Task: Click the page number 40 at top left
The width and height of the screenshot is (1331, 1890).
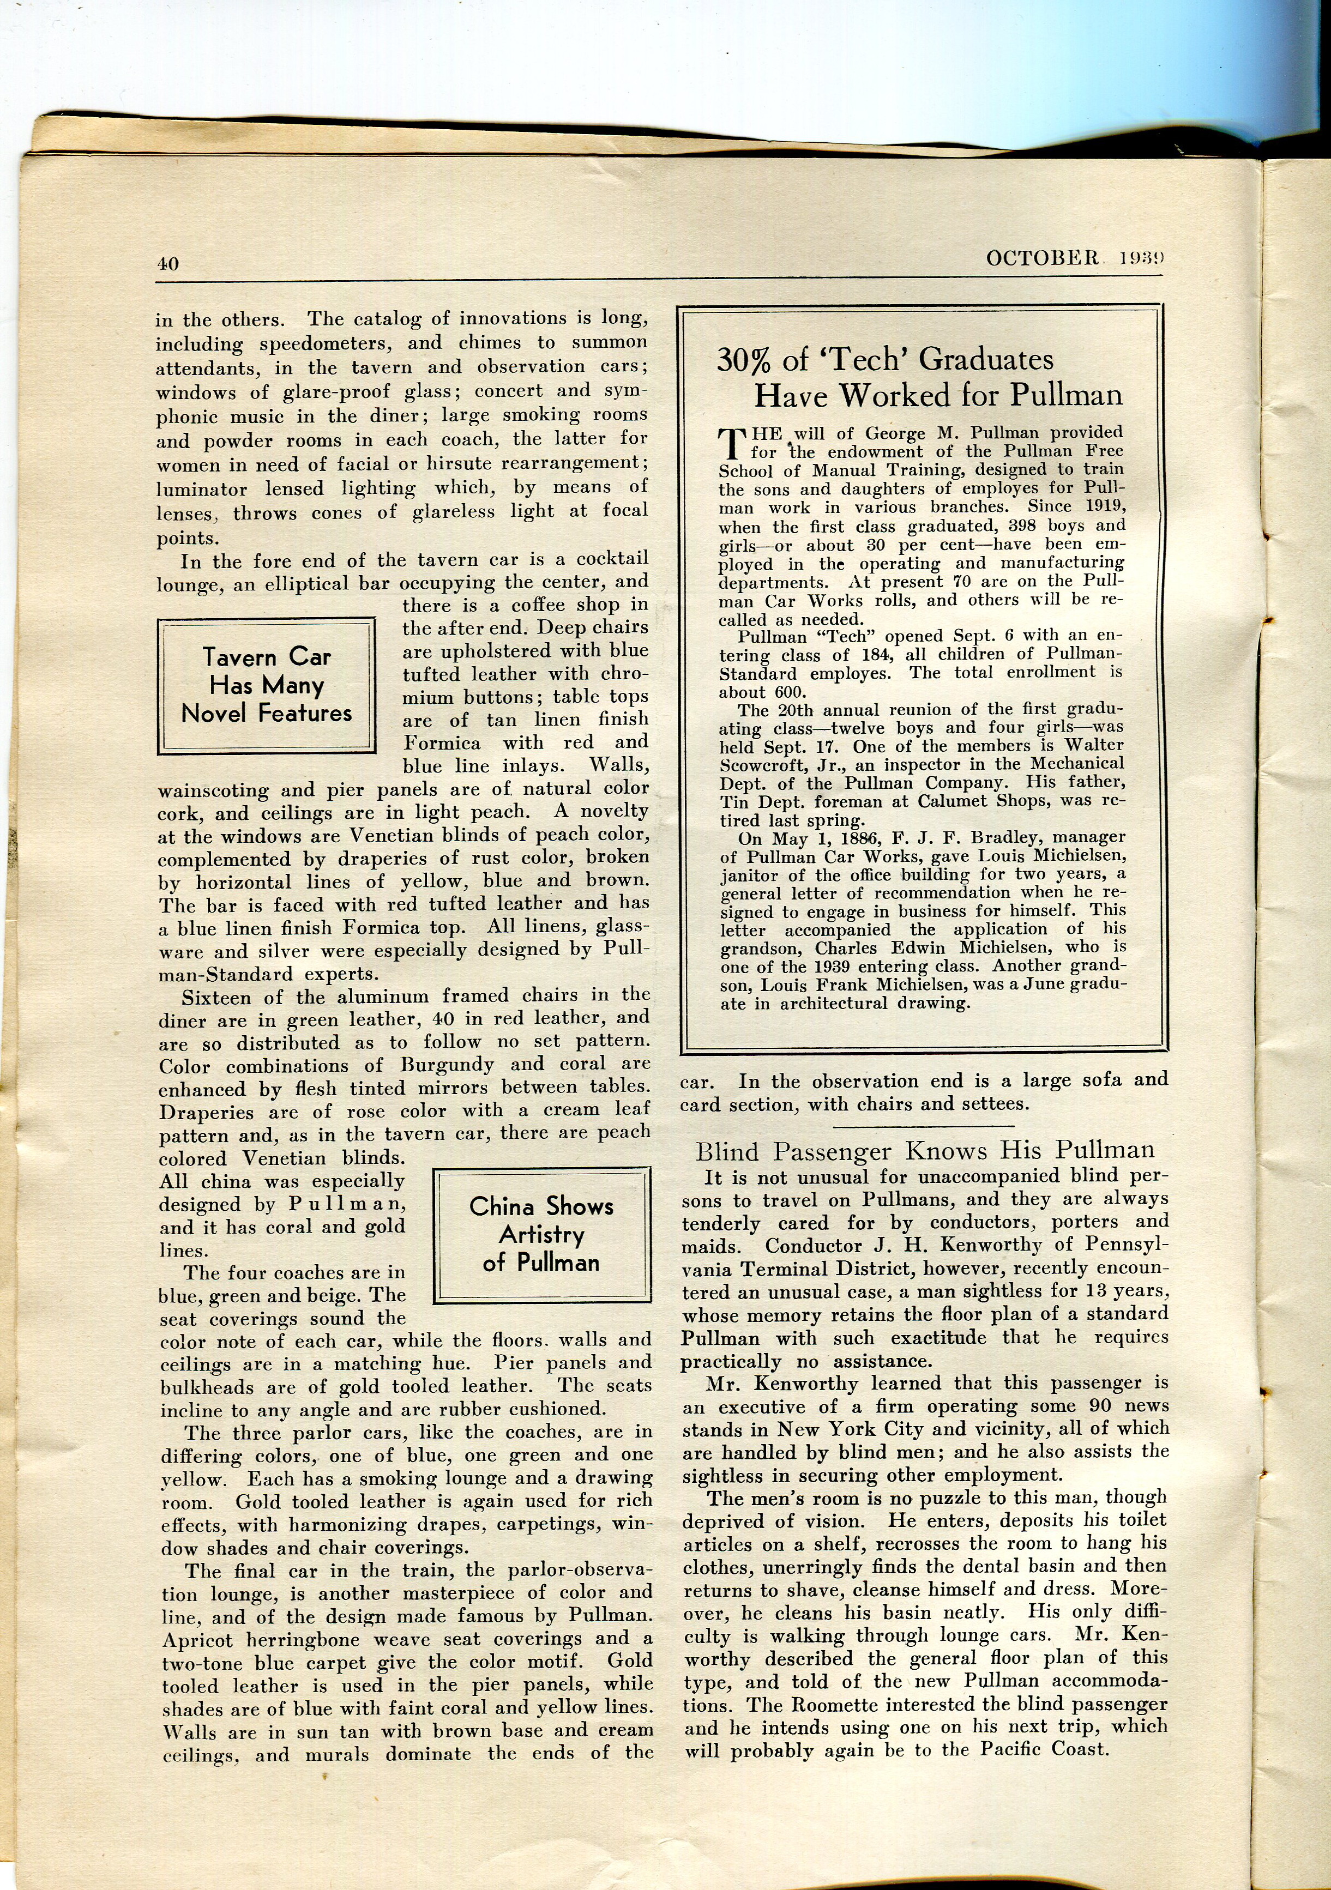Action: (x=168, y=263)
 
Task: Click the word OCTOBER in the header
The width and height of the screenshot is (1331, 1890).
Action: (x=1042, y=258)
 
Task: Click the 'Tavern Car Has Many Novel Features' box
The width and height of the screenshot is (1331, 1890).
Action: (x=267, y=686)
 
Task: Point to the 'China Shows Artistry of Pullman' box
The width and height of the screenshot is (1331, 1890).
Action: (x=541, y=1234)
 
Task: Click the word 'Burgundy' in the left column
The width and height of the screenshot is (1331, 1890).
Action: (x=447, y=1064)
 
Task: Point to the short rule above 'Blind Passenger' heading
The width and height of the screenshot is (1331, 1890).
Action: (x=930, y=1127)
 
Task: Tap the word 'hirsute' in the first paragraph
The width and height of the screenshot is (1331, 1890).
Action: (x=459, y=463)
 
